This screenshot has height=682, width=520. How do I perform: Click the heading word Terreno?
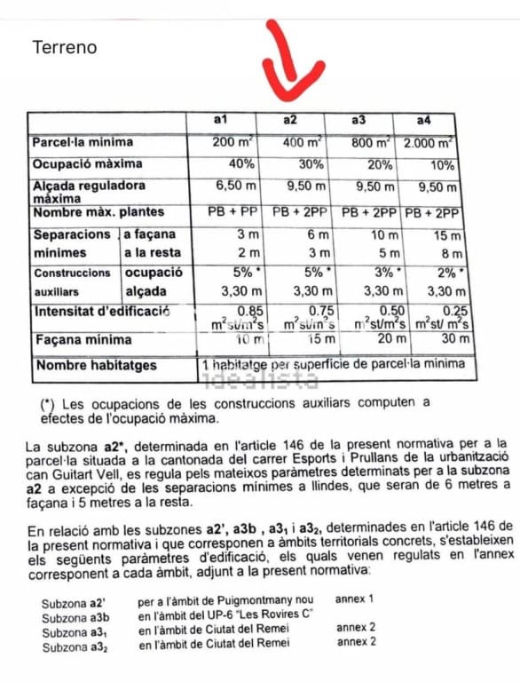(x=65, y=47)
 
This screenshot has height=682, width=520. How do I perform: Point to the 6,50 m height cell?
(x=236, y=187)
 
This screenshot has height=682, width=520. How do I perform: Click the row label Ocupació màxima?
(x=82, y=165)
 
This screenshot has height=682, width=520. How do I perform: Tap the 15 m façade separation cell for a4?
(x=445, y=235)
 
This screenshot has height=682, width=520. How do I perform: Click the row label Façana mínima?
(x=83, y=339)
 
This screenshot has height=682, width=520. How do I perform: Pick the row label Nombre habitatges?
(x=95, y=365)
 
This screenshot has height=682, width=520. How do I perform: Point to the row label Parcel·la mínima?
(x=83, y=142)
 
